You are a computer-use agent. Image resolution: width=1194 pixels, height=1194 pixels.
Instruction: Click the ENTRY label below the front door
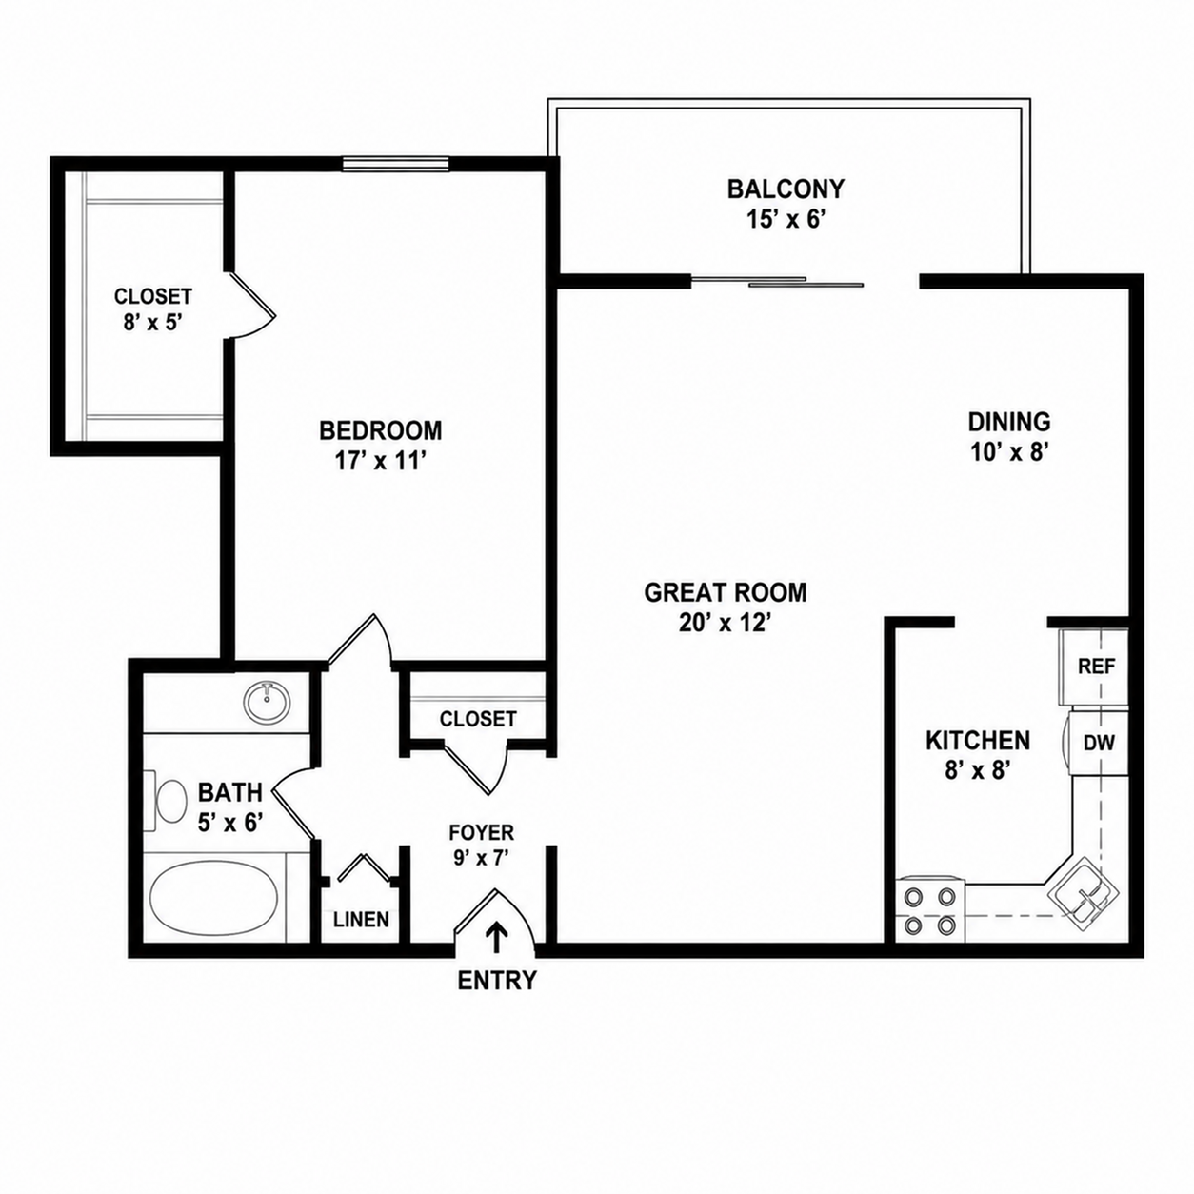[x=497, y=980]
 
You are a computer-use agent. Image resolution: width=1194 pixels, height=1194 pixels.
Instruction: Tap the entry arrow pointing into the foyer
[x=496, y=936]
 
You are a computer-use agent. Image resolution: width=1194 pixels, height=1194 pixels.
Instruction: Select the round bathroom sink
[x=267, y=702]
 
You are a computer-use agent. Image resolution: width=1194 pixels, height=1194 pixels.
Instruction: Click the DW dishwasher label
[x=1099, y=743]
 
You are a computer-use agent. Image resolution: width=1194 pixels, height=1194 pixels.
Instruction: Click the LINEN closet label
[x=361, y=919]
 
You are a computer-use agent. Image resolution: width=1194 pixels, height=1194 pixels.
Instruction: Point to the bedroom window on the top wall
[x=396, y=164]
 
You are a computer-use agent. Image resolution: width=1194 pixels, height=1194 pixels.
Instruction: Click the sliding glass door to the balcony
[x=777, y=281]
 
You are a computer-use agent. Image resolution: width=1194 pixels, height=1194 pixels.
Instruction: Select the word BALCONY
[x=786, y=189]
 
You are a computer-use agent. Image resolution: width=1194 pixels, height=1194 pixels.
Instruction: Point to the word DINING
[x=1009, y=422]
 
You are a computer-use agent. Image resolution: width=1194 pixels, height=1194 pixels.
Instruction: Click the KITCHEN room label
[x=978, y=741]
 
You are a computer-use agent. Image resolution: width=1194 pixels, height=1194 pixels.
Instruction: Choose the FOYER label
[x=482, y=831]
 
